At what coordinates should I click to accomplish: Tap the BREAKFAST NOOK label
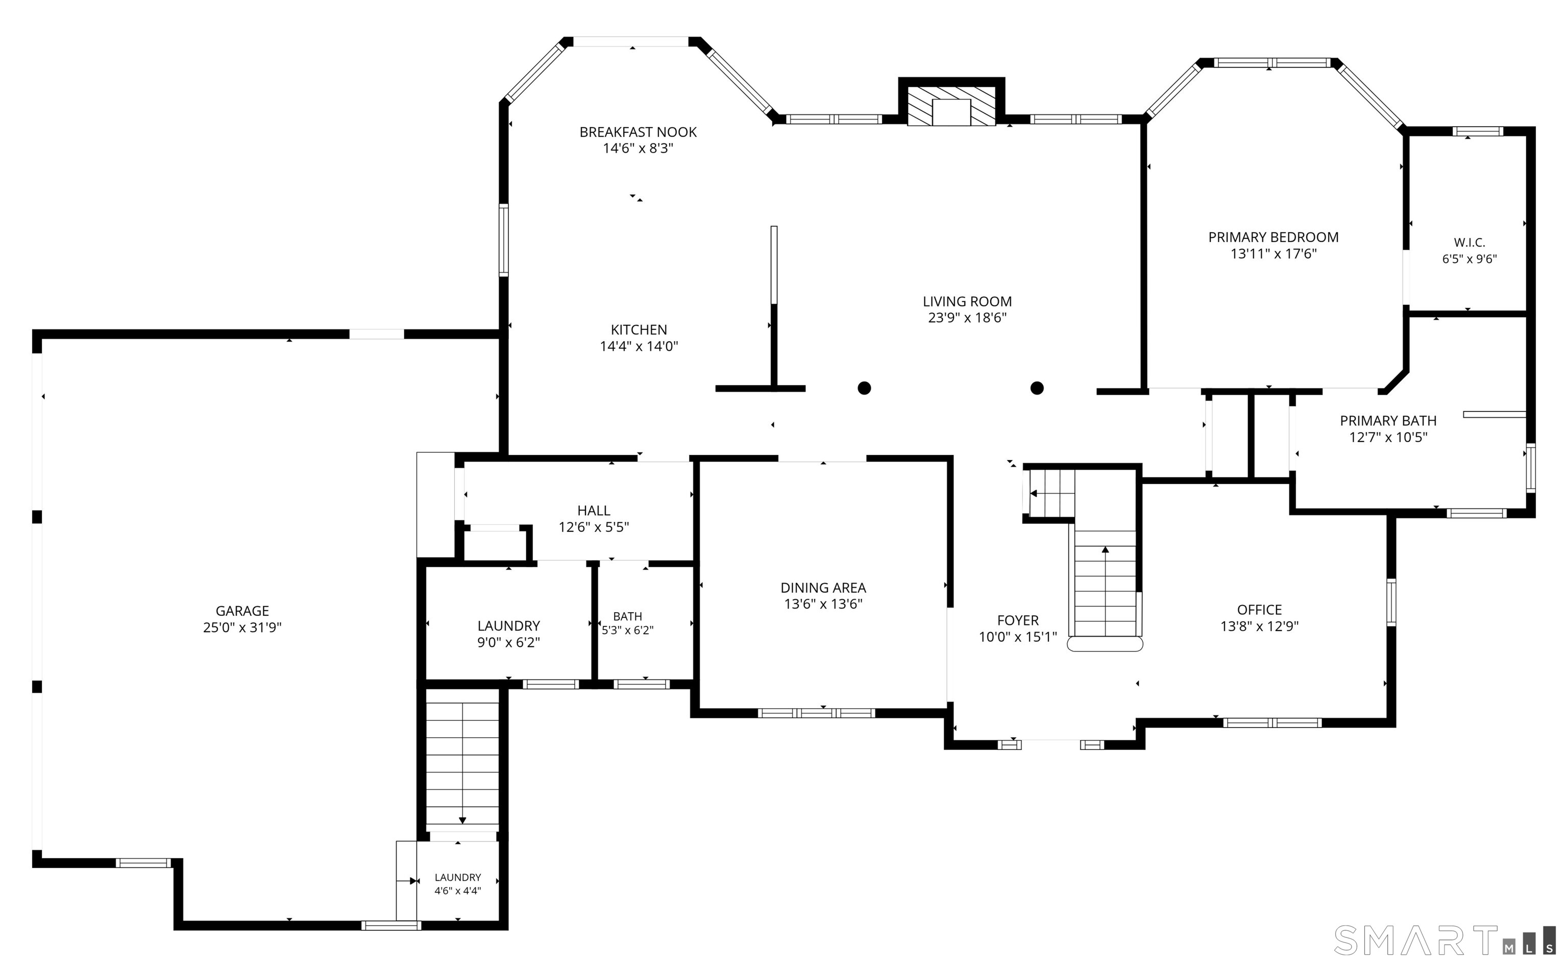coord(638,132)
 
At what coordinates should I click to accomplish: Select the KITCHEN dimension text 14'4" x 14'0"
coord(639,346)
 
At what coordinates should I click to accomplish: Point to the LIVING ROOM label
coord(967,301)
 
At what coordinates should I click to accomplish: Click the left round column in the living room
coord(864,388)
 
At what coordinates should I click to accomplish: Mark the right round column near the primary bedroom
coord(1037,388)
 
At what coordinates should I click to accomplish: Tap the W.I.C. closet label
coord(1469,243)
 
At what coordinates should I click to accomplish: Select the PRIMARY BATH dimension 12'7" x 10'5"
coord(1388,437)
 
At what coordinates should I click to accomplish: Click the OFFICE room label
coord(1259,610)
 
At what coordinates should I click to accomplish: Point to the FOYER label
coord(1018,620)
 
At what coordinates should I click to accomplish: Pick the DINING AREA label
coord(823,587)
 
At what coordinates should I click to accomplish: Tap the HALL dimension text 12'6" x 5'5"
coord(594,526)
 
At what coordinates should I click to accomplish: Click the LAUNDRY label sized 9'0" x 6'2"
coord(509,625)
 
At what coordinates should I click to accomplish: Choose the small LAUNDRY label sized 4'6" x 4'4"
coord(458,878)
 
